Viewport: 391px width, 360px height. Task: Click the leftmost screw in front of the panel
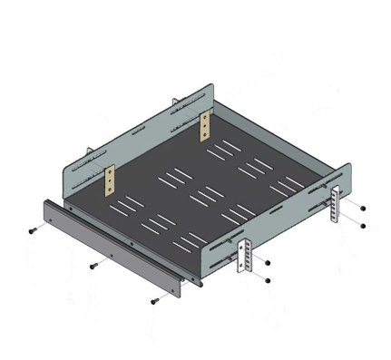pos(32,230)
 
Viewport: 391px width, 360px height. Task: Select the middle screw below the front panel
pos(93,266)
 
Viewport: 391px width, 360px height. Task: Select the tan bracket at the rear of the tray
pos(206,124)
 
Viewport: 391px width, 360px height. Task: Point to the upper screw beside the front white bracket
pos(269,262)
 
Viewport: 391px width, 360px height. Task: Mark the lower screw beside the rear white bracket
pos(362,224)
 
